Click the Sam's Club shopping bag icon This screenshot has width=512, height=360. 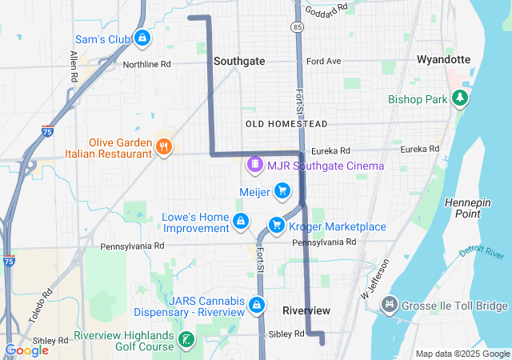pos(142,38)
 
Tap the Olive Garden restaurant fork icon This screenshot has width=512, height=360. pos(164,146)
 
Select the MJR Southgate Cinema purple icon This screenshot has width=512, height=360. pos(254,165)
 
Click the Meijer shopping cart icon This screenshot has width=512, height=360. pos(282,190)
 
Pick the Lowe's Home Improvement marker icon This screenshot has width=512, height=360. pos(240,221)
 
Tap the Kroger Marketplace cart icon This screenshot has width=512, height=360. pos(277,225)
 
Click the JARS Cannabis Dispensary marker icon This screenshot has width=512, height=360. pos(257,304)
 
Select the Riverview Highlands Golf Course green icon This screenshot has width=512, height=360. pos(186,340)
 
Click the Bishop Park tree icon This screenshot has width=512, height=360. pos(460,98)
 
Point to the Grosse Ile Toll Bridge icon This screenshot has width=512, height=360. pos(390,305)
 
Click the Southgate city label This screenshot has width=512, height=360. pos(239,61)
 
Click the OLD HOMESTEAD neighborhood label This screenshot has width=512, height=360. pos(286,124)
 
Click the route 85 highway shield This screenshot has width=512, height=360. pos(298,27)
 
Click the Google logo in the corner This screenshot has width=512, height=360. pos(26,350)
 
